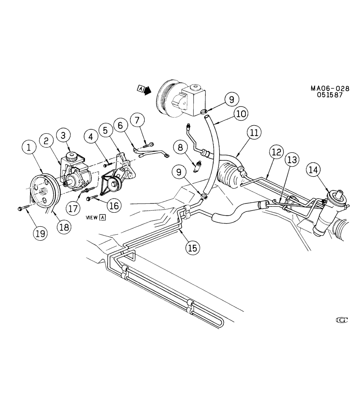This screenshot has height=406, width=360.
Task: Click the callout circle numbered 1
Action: [29, 148]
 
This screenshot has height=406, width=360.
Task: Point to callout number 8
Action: [180, 148]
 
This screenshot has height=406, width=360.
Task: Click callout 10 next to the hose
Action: [241, 113]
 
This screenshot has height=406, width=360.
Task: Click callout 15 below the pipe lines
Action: [192, 248]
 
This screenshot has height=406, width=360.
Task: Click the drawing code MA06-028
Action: [330, 88]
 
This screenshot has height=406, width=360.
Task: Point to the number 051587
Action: [330, 95]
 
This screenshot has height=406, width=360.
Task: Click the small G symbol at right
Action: [341, 321]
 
